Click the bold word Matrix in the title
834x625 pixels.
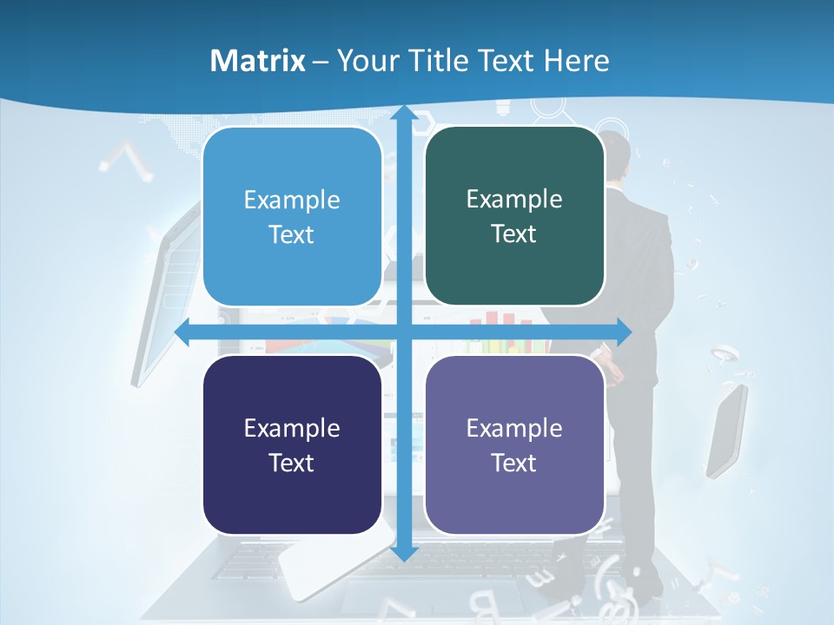[257, 61]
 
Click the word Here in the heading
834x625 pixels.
[577, 61]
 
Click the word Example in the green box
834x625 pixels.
[514, 200]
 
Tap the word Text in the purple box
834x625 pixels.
[514, 463]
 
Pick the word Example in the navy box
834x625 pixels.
[292, 428]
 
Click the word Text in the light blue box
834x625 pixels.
[292, 234]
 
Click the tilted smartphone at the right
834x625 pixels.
[726, 431]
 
